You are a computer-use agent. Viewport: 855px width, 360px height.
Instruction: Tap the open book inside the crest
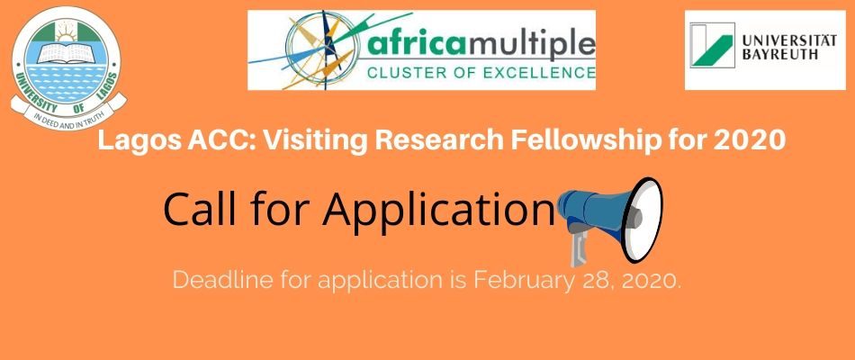(x=66, y=53)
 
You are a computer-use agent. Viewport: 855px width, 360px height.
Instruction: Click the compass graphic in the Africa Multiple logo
(x=320, y=50)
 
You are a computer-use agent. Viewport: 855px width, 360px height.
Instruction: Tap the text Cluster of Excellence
(x=481, y=72)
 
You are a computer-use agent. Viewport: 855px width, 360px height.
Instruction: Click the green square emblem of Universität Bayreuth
(x=712, y=45)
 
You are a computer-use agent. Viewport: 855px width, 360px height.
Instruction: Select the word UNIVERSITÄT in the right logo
(x=789, y=40)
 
